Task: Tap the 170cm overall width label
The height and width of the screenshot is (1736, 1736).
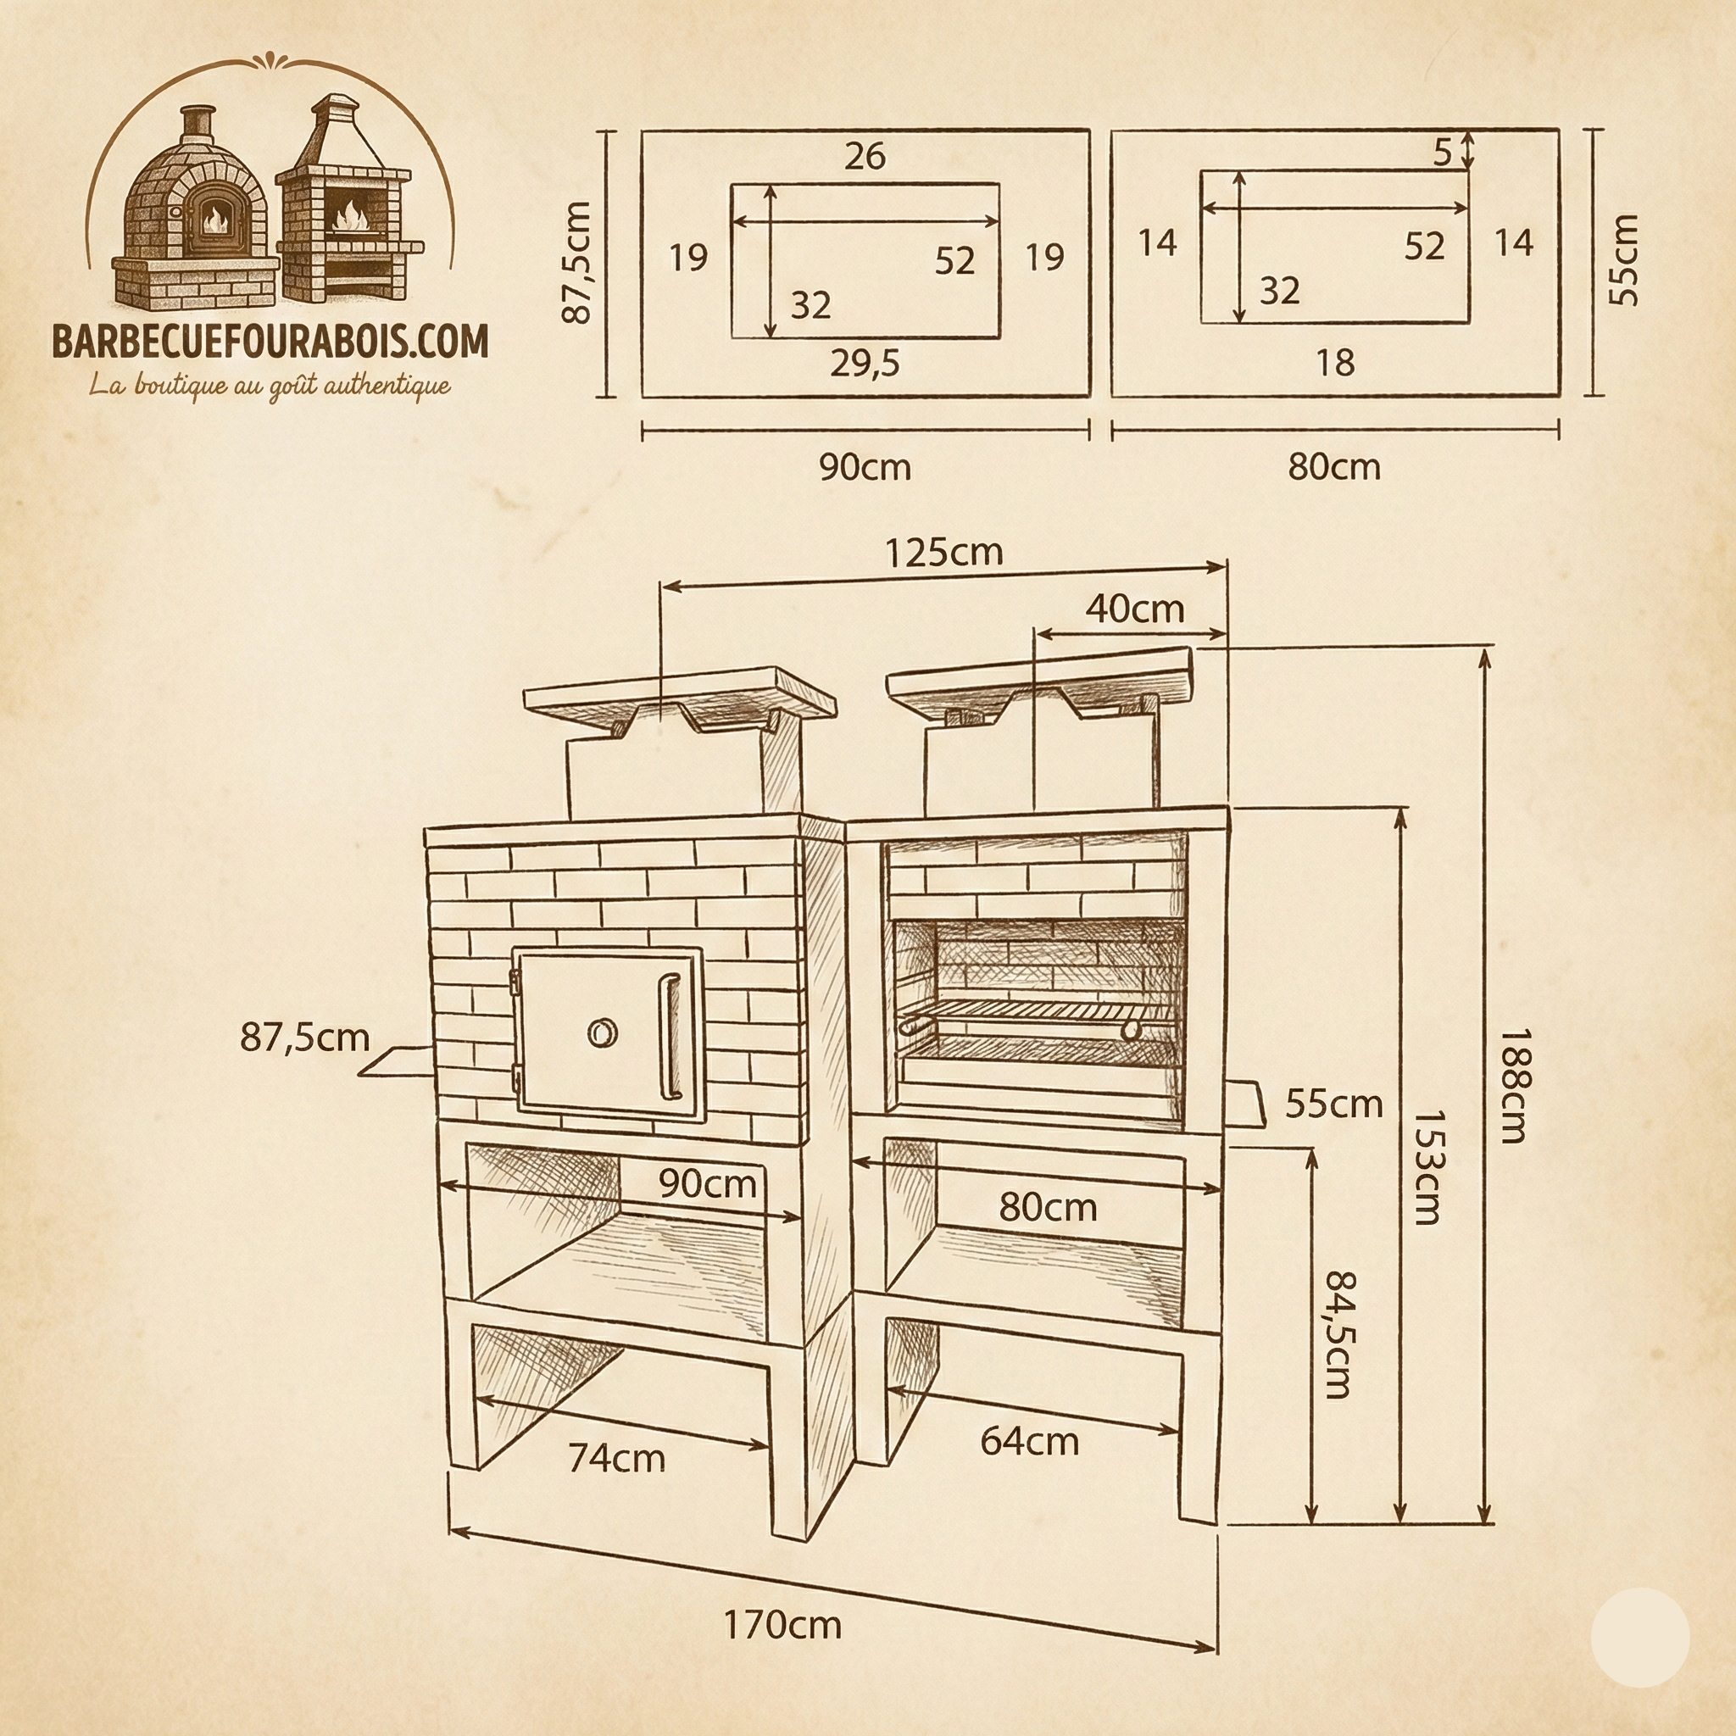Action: tap(782, 1625)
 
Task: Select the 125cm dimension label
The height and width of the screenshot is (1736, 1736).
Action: tap(943, 553)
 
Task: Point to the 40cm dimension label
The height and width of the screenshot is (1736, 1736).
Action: tap(1135, 609)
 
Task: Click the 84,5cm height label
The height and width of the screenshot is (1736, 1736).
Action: tap(1338, 1333)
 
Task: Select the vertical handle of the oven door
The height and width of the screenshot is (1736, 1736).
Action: tap(669, 1038)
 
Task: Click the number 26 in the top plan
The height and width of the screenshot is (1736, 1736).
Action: tap(865, 156)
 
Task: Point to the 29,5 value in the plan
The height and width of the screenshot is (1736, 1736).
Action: tap(865, 363)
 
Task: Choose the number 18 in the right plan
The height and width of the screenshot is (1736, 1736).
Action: tap(1334, 363)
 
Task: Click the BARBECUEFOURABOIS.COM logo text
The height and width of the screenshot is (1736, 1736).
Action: tap(270, 342)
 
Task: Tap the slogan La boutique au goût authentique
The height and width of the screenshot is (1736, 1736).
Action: tap(270, 387)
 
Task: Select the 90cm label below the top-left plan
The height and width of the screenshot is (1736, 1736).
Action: tap(865, 467)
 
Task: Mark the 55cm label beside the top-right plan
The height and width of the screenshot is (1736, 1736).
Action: tap(1622, 260)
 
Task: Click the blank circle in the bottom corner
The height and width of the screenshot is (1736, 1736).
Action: tap(1640, 1637)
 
